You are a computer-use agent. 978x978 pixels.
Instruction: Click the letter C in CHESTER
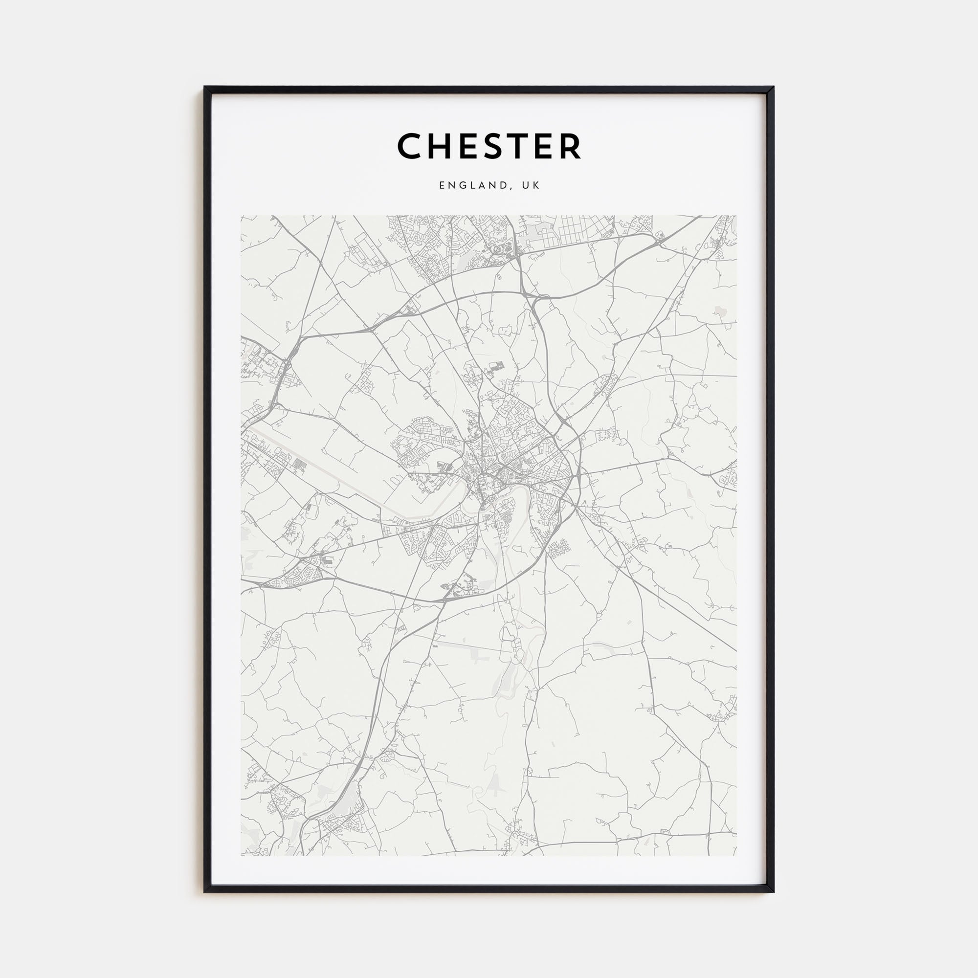point(409,146)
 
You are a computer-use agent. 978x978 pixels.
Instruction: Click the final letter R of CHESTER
point(570,146)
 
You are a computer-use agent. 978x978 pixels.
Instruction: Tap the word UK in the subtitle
point(531,186)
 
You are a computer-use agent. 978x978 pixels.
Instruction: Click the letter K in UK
point(536,186)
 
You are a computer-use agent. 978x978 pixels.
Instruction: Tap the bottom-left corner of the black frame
point(205,891)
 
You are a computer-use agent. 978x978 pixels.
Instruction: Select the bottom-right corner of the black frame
point(773,891)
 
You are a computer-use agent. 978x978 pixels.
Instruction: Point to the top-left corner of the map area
point(242,216)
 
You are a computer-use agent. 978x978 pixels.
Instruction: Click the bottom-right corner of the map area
point(736,855)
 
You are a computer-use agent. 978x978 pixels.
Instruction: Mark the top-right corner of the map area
point(736,216)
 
